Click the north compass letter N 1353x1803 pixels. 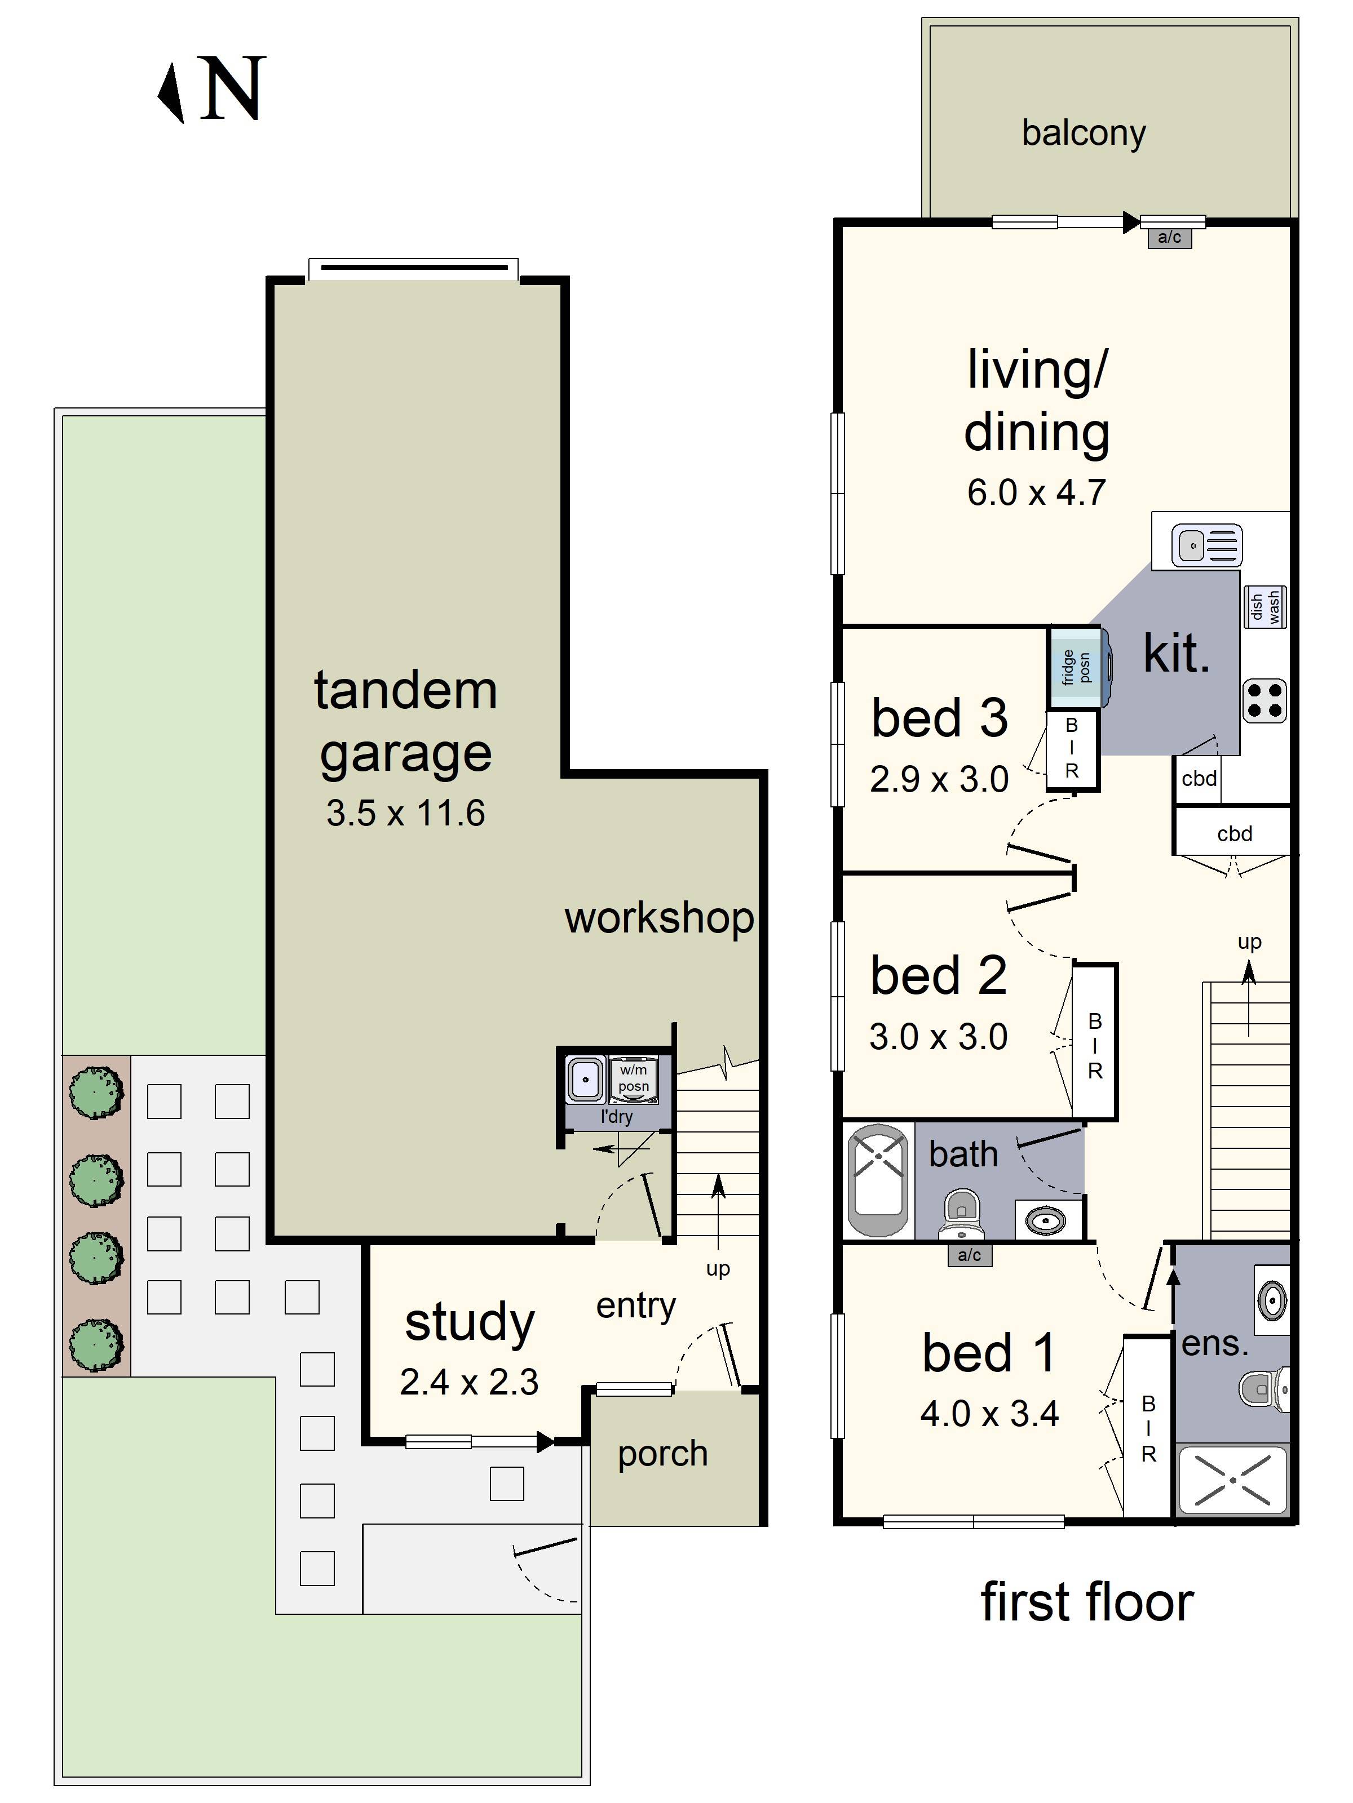pos(233,88)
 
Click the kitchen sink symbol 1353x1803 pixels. pos(1207,545)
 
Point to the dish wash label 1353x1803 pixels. pos(1265,607)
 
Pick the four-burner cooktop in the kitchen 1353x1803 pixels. pos(1264,701)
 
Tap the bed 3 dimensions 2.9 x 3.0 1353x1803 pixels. pos(939,779)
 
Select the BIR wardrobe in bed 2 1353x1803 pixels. pos(1094,1042)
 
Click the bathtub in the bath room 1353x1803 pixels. pos(878,1180)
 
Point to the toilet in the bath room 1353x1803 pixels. pos(962,1214)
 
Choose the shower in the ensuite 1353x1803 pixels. pos(1232,1480)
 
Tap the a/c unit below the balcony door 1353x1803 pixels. pos(1170,237)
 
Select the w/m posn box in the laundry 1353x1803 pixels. pos(633,1078)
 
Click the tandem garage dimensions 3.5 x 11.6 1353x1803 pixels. pos(405,812)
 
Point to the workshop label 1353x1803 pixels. pos(659,918)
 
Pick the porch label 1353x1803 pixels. pos(662,1453)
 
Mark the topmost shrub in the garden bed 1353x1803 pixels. pos(96,1093)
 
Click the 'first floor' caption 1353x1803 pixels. pos(1086,1602)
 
